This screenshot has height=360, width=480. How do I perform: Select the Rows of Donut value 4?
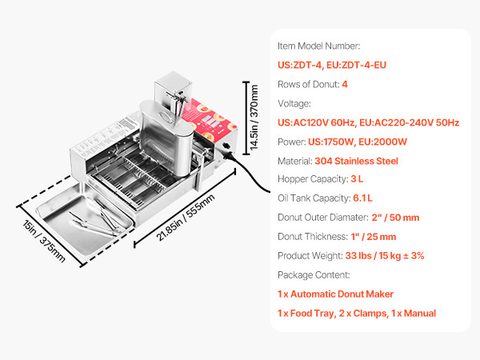(345, 84)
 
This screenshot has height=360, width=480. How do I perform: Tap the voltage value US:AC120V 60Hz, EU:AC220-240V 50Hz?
(368, 122)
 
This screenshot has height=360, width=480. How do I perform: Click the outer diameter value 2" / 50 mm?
(395, 218)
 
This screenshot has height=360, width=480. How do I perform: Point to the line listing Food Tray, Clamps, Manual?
(357, 314)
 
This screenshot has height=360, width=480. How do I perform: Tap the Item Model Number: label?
(318, 46)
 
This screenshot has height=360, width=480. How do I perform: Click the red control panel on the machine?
(211, 121)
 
